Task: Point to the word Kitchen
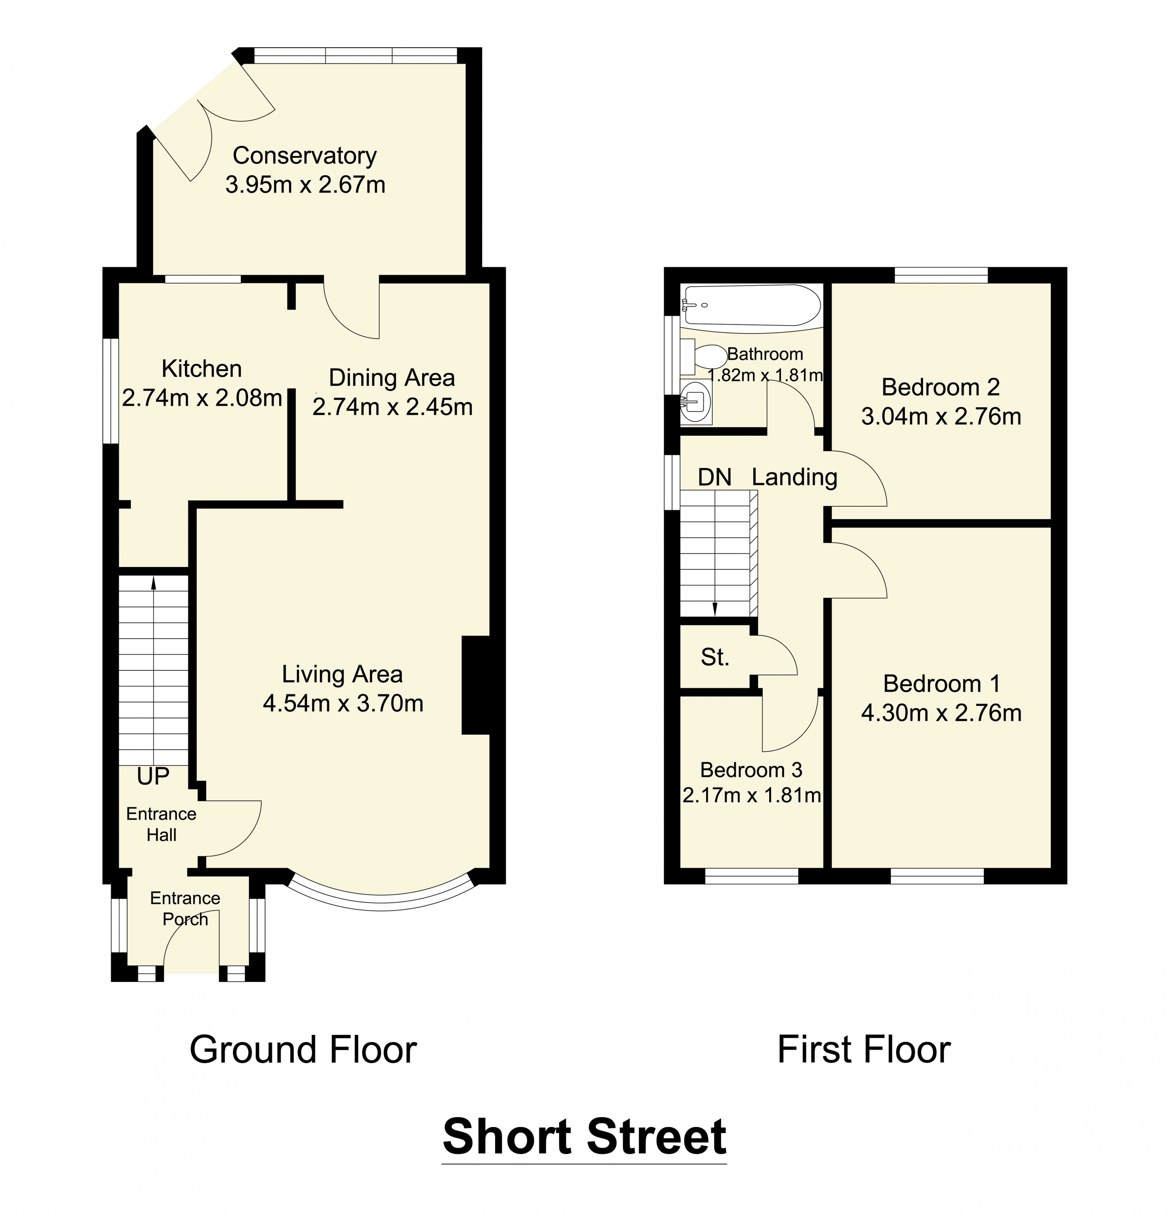click(x=201, y=368)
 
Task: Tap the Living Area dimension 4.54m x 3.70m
click(x=342, y=703)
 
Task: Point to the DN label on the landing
click(x=714, y=477)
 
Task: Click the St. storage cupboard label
click(x=715, y=657)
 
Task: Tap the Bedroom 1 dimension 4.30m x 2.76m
click(x=941, y=713)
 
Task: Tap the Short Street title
click(x=584, y=1137)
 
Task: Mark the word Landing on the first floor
click(x=795, y=477)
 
